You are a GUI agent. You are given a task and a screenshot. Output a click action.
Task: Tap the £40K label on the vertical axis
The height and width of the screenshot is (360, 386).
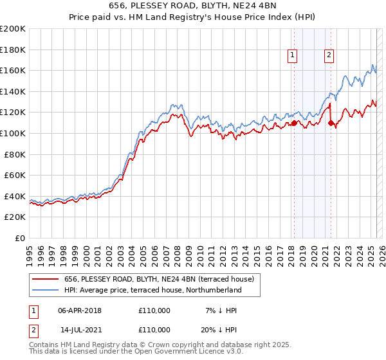click(15, 197)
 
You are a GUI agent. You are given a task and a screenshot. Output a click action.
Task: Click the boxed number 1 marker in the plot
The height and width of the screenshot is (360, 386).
click(293, 56)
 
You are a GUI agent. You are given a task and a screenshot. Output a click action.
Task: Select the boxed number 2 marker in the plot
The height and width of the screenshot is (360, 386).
click(329, 56)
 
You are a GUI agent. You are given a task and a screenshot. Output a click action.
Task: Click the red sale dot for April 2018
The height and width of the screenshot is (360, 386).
click(294, 123)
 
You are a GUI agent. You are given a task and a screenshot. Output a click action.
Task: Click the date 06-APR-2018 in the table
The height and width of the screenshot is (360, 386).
click(79, 310)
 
